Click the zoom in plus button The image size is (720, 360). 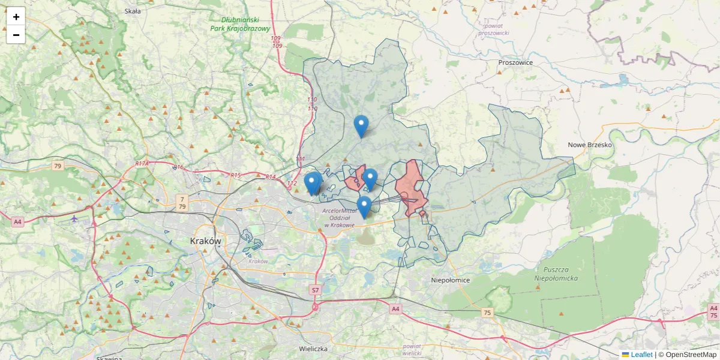(x=16, y=17)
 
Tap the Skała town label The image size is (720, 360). (x=132, y=11)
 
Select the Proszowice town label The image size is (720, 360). (x=515, y=62)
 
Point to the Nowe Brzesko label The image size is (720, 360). (x=589, y=145)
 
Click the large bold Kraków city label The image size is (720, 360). (x=205, y=241)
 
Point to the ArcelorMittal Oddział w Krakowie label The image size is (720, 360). (x=338, y=218)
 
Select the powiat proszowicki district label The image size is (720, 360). (x=494, y=29)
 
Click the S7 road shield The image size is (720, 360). (x=315, y=290)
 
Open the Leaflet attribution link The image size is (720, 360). (x=641, y=355)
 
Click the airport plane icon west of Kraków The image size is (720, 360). (x=74, y=218)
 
